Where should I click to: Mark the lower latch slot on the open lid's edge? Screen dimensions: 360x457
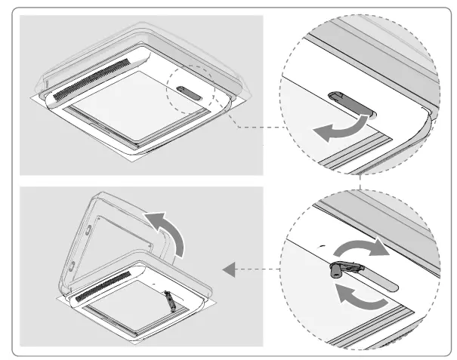tap(69, 264)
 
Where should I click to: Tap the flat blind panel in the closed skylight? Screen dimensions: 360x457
tap(136, 106)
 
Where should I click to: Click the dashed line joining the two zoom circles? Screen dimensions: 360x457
tap(361, 182)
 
